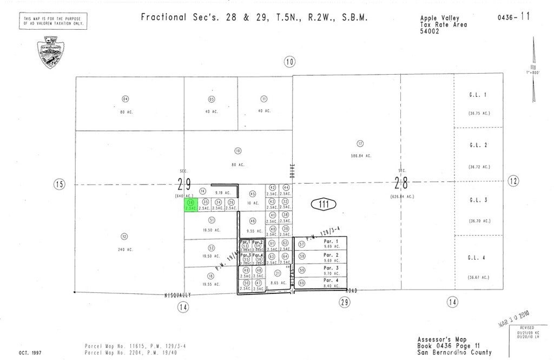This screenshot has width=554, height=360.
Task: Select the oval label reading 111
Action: (324, 204)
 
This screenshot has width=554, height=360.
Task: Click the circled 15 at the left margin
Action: (59, 185)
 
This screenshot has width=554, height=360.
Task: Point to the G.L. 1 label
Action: (478, 95)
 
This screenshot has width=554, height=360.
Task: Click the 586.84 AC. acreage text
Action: (360, 156)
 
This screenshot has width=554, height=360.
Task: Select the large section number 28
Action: (401, 182)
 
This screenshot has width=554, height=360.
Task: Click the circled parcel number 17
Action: (360, 143)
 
